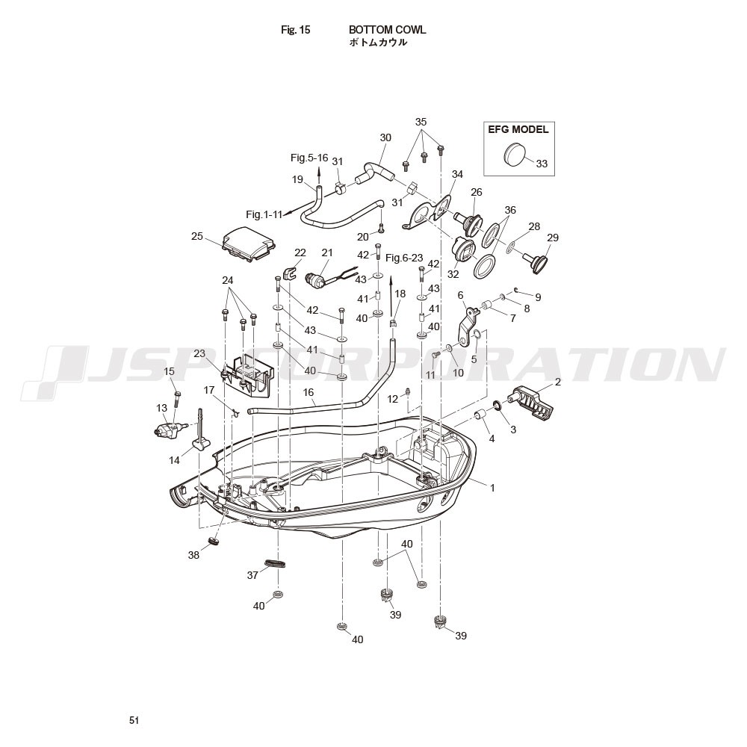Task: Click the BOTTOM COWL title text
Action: tap(387, 30)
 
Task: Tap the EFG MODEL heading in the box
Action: tap(518, 129)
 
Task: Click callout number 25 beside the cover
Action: tap(196, 236)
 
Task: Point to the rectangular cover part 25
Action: tap(249, 244)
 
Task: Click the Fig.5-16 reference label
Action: tap(309, 158)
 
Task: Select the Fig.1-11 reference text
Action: tap(264, 214)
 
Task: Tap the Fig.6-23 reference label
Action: tap(404, 258)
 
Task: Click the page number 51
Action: tap(134, 720)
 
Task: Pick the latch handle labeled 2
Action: tap(532, 400)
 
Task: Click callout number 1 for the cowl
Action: tap(492, 488)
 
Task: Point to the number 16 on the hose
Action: tap(309, 392)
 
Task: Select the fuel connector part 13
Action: tap(167, 427)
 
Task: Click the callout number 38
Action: tap(193, 555)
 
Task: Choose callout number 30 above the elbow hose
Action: tap(385, 137)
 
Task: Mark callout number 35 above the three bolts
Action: tap(421, 122)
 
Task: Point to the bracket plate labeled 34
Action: tap(427, 213)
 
